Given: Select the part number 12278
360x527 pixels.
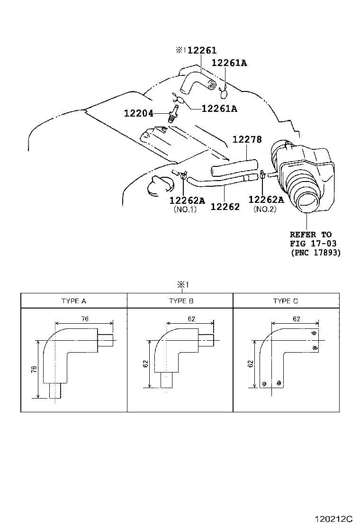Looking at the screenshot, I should (x=247, y=140).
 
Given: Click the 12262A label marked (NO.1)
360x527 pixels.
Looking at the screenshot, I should (x=187, y=200).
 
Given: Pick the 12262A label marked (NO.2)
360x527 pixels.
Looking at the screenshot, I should (x=266, y=200).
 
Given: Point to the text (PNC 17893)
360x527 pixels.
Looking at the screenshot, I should (x=315, y=253).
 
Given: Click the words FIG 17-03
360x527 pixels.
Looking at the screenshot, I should (x=313, y=244).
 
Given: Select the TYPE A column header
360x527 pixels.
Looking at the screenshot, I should (x=74, y=301).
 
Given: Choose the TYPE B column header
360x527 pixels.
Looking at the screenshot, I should (x=180, y=301).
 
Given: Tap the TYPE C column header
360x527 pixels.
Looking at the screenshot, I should (x=286, y=301).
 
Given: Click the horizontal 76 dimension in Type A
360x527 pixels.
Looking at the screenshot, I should (x=84, y=319).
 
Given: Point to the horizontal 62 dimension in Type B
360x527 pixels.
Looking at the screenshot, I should (x=191, y=319).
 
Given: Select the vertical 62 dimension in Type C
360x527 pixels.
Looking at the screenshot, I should (x=250, y=363).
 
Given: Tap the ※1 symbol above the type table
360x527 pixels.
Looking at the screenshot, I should (x=183, y=285).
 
